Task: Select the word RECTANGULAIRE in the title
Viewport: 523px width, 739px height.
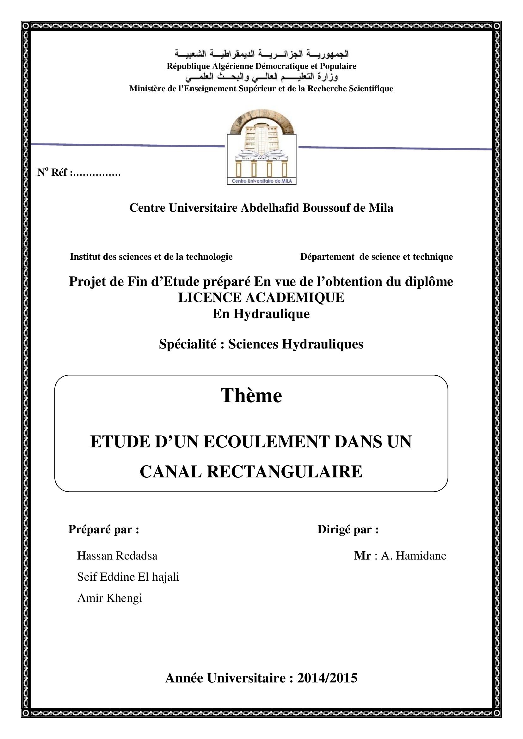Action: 284,472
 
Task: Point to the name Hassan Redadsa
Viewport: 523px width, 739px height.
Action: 117,556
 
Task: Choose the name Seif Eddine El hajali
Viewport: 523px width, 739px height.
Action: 128,577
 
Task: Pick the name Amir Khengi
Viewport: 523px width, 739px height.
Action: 110,598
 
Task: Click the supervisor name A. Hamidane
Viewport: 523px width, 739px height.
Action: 414,556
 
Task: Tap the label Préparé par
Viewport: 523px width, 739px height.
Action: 104,530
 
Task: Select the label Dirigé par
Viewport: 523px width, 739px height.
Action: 348,530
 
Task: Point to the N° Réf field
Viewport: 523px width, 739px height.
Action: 79,173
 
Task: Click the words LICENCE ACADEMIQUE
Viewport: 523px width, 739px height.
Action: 261,297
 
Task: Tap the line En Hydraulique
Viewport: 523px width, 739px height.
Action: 261,313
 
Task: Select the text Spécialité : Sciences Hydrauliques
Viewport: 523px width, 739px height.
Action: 261,344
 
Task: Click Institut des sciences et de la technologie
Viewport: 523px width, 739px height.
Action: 151,257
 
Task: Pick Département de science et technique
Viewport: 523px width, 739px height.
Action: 377,257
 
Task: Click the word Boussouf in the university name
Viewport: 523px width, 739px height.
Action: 326,208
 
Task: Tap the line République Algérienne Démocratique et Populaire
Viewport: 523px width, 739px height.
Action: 261,66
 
